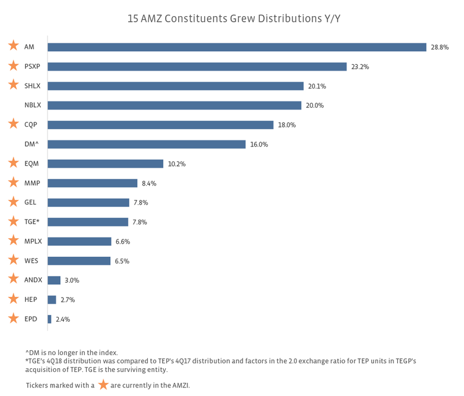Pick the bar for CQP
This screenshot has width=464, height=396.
coord(160,125)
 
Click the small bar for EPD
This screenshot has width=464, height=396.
coord(49,319)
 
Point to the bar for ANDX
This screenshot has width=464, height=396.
coord(54,280)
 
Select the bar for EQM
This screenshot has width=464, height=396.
coord(105,164)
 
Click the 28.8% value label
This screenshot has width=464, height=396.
coord(439,47)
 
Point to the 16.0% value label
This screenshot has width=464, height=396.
coord(259,145)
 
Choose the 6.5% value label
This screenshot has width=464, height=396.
coord(122,261)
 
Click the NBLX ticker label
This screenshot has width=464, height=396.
coord(33,106)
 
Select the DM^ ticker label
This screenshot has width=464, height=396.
coord(32,145)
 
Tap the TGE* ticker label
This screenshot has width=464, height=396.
coord(32,222)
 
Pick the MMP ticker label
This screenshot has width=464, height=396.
coord(32,183)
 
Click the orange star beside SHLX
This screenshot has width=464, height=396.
coord(13,85)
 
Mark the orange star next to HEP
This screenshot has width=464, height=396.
coord(13,299)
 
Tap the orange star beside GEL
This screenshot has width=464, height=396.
coord(13,202)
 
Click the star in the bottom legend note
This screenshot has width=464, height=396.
coord(103,385)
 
